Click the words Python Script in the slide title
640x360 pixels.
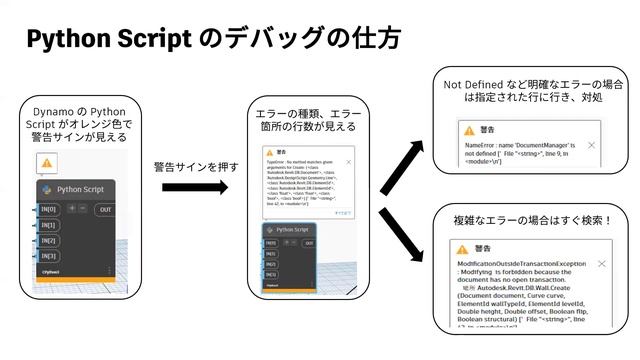tap(109, 40)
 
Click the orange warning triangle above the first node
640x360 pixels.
tap(46, 163)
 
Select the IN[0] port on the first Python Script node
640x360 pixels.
tap(49, 209)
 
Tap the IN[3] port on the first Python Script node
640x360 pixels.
tap(49, 256)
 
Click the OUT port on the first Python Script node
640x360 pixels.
tap(105, 210)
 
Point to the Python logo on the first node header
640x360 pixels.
tap(46, 188)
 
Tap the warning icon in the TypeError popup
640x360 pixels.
tap(270, 146)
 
